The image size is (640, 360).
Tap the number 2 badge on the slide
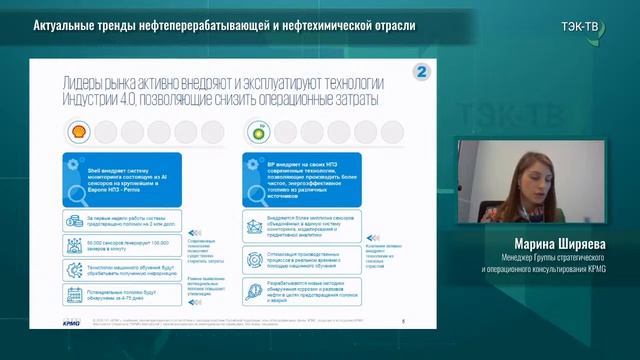point(422,73)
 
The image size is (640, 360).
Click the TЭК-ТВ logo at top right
point(581,25)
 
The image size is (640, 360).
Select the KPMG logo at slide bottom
point(71,322)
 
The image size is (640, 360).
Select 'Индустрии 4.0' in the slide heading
point(94,103)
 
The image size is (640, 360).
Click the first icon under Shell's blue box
point(73,222)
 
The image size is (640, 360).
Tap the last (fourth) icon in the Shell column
point(73,295)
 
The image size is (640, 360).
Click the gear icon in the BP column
point(254,260)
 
